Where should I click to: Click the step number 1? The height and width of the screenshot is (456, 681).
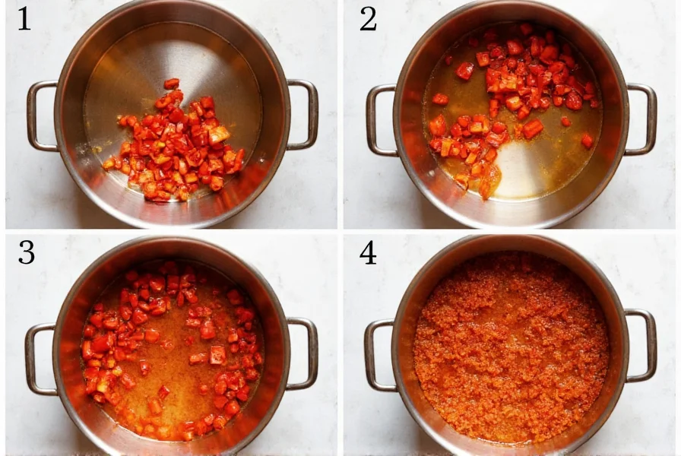(24, 19)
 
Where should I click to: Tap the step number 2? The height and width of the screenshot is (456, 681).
(368, 19)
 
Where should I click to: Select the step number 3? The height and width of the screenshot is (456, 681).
(26, 252)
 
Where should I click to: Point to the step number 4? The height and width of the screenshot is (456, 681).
(368, 252)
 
